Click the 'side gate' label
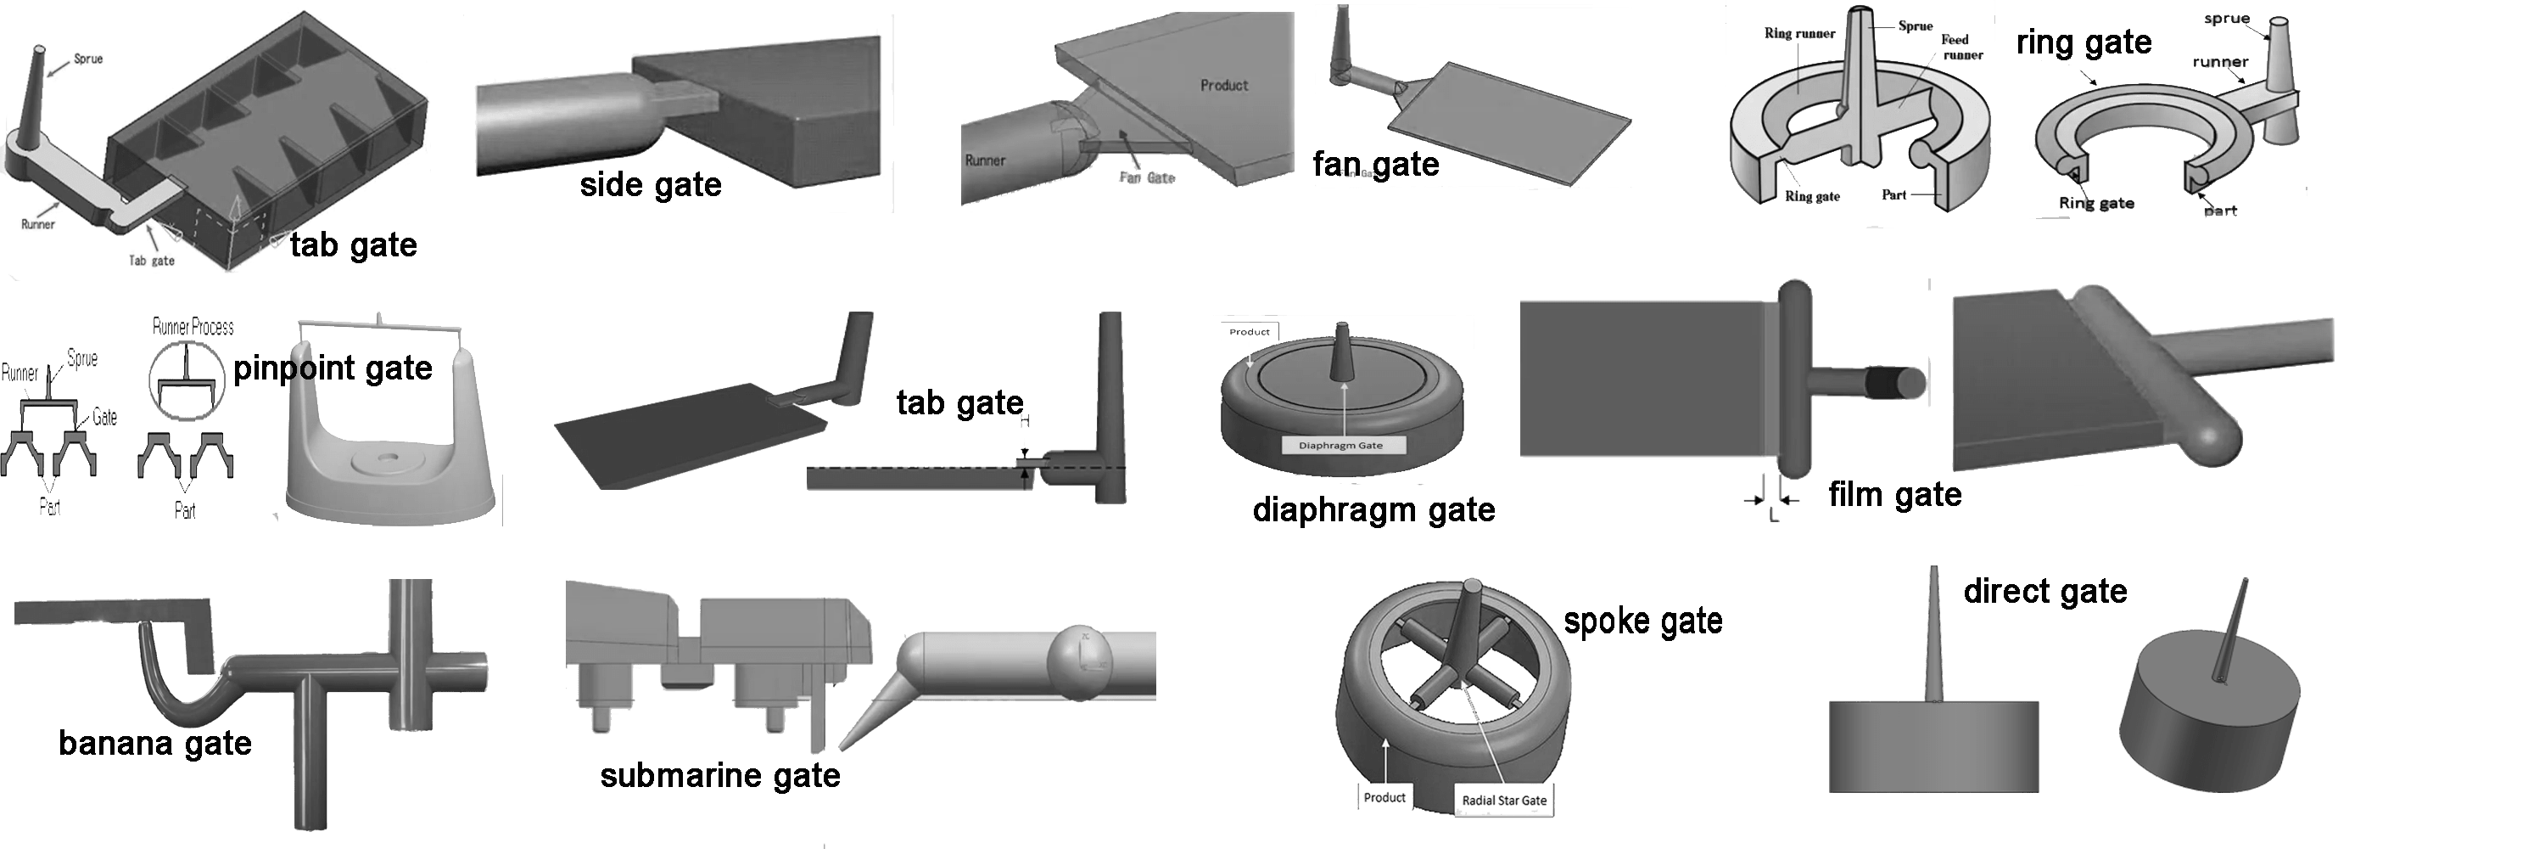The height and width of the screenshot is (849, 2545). [650, 185]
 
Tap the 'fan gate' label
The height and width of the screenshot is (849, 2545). [1375, 164]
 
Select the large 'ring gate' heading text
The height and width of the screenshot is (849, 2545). [2084, 42]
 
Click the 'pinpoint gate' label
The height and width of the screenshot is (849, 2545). [333, 368]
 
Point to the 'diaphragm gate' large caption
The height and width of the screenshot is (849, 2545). [1373, 510]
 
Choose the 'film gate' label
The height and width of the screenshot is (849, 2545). [1894, 494]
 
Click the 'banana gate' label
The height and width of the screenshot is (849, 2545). [155, 742]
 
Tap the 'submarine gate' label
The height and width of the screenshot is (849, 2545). [720, 775]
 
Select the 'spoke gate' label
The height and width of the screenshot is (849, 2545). [1643, 621]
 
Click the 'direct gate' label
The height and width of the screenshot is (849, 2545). [2045, 591]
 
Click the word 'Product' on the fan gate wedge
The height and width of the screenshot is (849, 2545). [1224, 86]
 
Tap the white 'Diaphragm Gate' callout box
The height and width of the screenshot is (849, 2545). [1340, 445]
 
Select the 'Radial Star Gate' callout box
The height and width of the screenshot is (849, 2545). [1504, 800]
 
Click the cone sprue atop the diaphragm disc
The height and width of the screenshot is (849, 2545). [1342, 351]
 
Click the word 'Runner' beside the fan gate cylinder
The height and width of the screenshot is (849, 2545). [985, 160]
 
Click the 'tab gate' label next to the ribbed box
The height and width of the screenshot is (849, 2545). [353, 245]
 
